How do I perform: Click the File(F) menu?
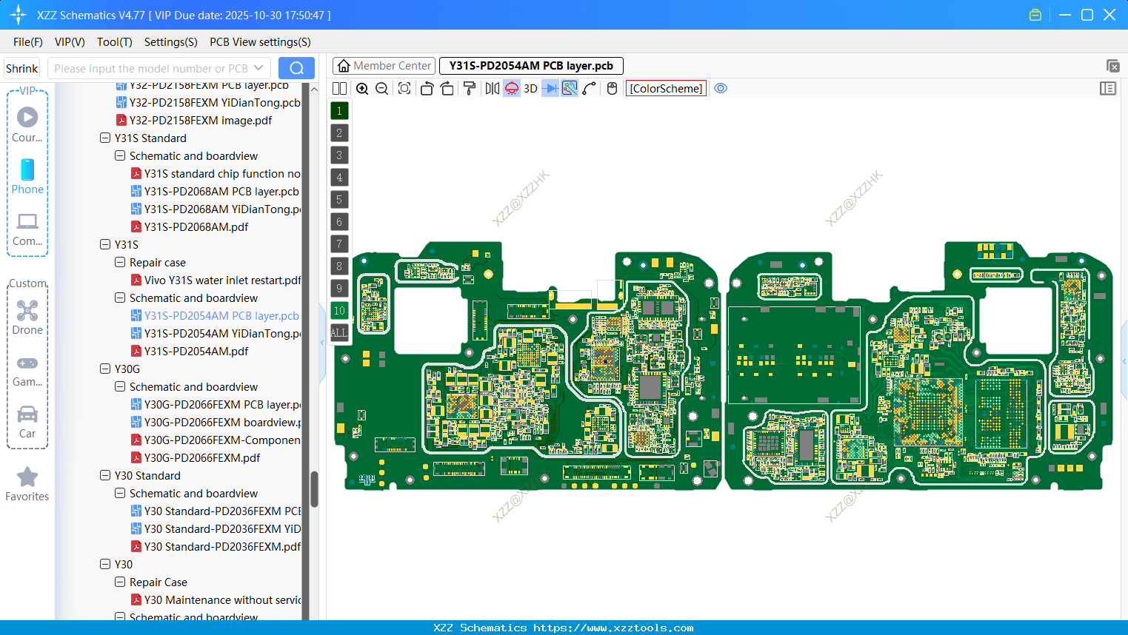[x=28, y=42]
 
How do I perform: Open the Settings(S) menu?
[x=170, y=42]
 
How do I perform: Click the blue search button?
[x=296, y=68]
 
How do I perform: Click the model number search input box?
[x=151, y=68]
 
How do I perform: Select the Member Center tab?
[x=384, y=66]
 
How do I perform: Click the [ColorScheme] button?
[x=666, y=89]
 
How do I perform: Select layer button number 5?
[x=339, y=199]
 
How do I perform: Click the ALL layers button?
[x=339, y=332]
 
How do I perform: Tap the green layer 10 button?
[x=339, y=310]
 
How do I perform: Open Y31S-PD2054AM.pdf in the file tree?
[x=196, y=352]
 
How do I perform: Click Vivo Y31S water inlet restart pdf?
[x=221, y=280]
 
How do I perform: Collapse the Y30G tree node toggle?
[x=105, y=369]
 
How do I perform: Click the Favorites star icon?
[x=27, y=477]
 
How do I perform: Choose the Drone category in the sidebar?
[x=27, y=317]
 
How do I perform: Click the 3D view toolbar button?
[x=530, y=89]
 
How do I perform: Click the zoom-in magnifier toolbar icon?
[x=362, y=89]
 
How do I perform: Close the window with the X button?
[x=1109, y=15]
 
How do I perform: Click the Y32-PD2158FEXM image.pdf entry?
[x=200, y=121]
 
